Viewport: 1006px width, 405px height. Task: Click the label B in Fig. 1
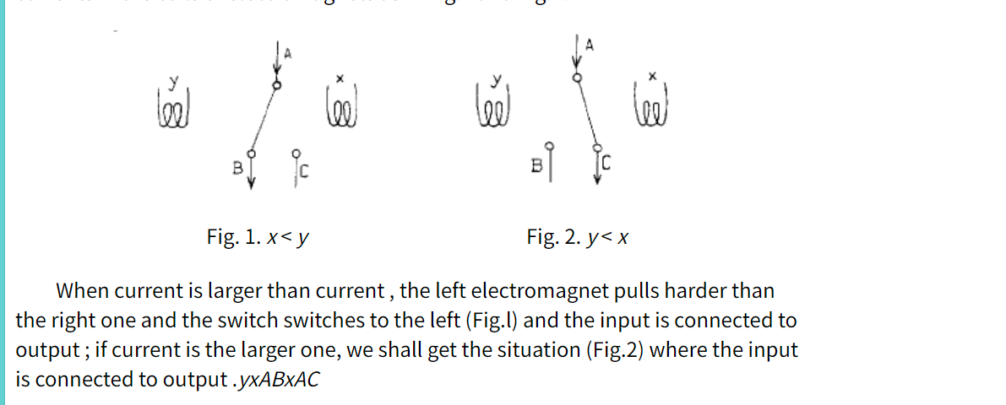pos(237,169)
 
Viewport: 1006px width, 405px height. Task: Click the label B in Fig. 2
pos(536,167)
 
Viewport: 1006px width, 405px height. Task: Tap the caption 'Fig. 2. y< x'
pos(577,237)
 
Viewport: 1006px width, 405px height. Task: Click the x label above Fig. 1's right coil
pos(340,78)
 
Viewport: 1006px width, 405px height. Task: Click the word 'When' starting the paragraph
pos(81,292)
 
